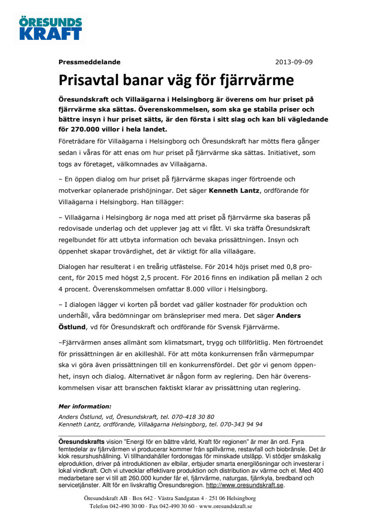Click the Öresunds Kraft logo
(50, 28)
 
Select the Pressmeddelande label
(89, 62)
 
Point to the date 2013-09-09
(294, 62)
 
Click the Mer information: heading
(85, 406)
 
